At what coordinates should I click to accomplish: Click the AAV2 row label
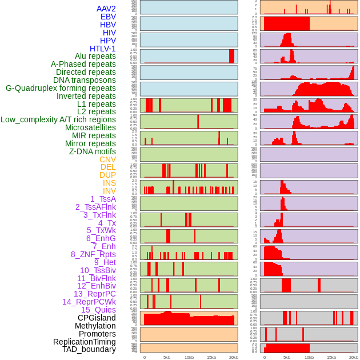click(106, 9)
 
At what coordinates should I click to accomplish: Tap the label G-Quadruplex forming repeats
click(61, 88)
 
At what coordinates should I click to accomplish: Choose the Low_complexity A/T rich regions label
click(58, 119)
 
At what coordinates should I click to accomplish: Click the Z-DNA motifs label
click(92, 151)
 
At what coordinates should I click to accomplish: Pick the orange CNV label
click(107, 159)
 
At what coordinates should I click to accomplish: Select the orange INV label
click(109, 191)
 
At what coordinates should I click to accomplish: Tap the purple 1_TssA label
click(103, 199)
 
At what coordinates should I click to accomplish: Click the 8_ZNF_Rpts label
click(93, 254)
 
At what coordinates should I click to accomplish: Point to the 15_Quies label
click(98, 310)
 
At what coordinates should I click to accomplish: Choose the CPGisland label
click(97, 318)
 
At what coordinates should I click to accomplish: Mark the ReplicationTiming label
click(84, 342)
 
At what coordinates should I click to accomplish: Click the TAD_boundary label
click(89, 349)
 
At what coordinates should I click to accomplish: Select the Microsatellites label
click(90, 127)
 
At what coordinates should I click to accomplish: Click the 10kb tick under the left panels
click(189, 357)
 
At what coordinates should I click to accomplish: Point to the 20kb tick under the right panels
click(354, 357)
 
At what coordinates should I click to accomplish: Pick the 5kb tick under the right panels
click(286, 357)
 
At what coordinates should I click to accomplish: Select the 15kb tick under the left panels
click(211, 357)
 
